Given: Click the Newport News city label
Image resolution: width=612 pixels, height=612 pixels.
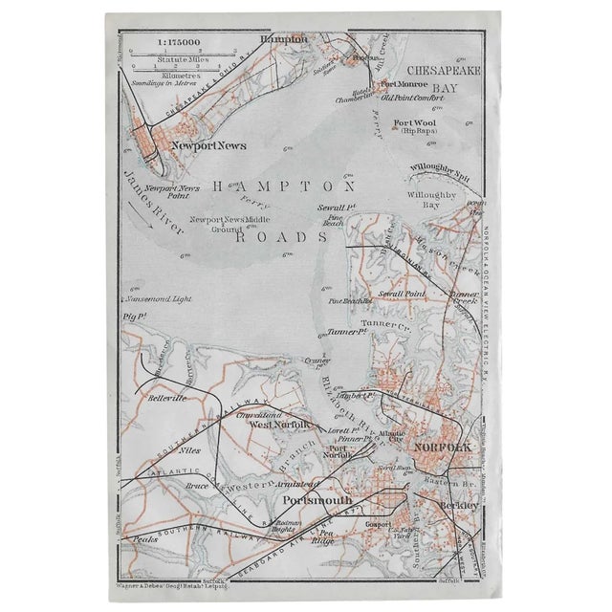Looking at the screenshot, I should coord(208,145).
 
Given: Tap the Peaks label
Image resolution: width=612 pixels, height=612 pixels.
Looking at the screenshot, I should coord(146,540).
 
